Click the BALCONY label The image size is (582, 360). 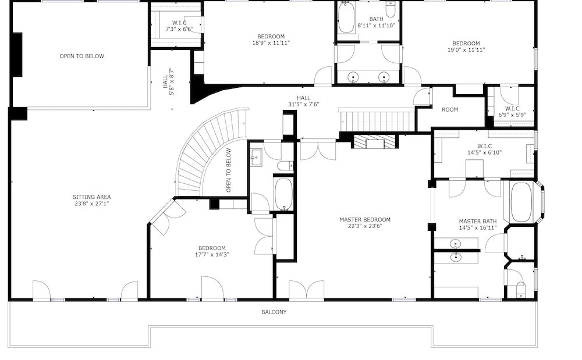(x=274, y=312)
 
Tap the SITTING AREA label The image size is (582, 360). (x=91, y=197)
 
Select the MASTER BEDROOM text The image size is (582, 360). (x=365, y=220)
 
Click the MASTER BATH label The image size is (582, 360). (x=478, y=222)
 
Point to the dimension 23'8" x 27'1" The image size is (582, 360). (x=91, y=204)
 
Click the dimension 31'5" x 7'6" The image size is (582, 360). (x=304, y=105)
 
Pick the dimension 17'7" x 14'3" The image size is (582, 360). (x=212, y=255)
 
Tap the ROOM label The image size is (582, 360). (x=450, y=110)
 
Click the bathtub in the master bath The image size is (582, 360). (x=521, y=202)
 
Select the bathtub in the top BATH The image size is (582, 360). (x=346, y=17)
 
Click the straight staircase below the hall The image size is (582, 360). (x=376, y=120)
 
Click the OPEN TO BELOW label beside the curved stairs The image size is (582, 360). (x=228, y=170)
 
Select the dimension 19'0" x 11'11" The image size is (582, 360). (x=466, y=50)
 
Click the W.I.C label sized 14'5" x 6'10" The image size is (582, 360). (x=484, y=147)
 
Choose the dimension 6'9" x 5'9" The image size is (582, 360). (x=512, y=115)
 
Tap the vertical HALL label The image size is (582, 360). (x=165, y=81)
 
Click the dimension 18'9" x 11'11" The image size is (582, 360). (x=271, y=43)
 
